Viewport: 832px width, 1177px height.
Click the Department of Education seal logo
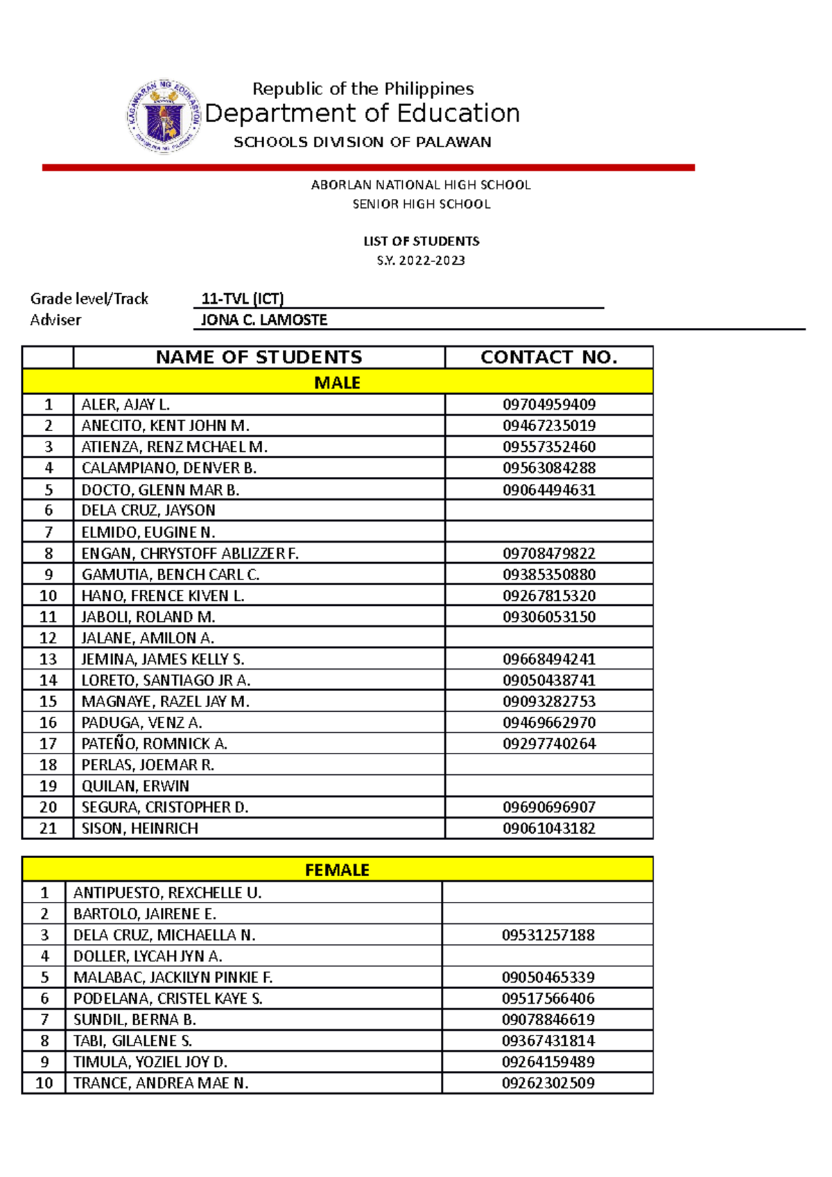[164, 116]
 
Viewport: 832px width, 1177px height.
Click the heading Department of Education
[362, 113]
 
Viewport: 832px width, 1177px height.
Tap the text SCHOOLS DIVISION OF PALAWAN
[362, 142]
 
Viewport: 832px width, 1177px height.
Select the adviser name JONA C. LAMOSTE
[263, 320]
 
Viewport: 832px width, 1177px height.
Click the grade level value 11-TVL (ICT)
[242, 299]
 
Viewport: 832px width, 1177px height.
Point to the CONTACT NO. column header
[548, 357]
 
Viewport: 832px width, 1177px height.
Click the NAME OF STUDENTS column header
[259, 357]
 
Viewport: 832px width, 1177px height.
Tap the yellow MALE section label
[337, 383]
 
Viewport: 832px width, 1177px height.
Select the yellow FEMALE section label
[337, 870]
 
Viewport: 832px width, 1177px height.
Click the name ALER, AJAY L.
[125, 405]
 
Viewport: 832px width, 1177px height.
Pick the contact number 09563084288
[548, 468]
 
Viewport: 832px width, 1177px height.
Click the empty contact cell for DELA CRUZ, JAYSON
[548, 510]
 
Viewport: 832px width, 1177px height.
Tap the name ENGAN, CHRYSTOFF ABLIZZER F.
[190, 553]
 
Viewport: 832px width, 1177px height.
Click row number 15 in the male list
[48, 701]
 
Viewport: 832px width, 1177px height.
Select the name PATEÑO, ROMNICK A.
[154, 744]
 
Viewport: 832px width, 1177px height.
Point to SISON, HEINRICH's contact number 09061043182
[548, 828]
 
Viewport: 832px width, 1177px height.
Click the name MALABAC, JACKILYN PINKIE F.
[173, 977]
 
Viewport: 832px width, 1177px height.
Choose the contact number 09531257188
[548, 935]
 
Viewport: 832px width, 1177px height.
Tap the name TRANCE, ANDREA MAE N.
[161, 1083]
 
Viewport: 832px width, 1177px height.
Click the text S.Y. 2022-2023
[421, 261]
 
